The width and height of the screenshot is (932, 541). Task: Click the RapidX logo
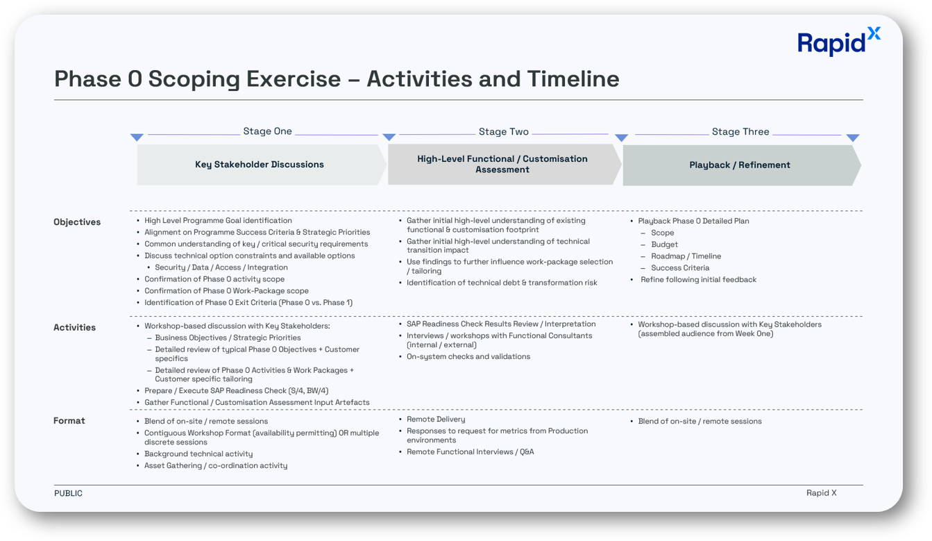pos(838,42)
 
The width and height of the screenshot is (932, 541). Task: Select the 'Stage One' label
pos(267,131)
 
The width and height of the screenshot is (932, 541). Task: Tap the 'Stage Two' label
pos(503,132)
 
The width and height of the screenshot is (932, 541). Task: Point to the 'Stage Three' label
pos(740,132)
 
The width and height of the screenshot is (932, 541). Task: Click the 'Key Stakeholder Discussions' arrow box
pos(260,165)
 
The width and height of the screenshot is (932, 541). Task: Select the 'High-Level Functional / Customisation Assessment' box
pos(502,165)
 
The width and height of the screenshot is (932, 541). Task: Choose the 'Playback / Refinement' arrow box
pos(740,165)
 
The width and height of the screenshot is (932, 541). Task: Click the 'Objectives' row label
pos(77,222)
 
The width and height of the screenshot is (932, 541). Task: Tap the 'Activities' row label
pos(74,328)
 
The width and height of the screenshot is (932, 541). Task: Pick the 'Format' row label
pos(69,421)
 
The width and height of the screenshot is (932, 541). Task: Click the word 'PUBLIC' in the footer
pos(68,493)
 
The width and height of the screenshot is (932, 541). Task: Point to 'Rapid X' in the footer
pos(821,493)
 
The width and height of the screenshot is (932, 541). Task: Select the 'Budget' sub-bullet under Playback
pos(664,244)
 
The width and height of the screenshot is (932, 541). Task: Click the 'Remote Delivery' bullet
pos(436,419)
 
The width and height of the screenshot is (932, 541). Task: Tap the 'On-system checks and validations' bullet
pos(468,357)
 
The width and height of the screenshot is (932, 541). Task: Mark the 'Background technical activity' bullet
pos(198,454)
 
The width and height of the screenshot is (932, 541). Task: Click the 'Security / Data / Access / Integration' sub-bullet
pos(221,267)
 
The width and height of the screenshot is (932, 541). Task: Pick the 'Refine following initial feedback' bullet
pos(698,280)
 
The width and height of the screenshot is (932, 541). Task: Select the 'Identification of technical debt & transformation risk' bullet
pos(502,283)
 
